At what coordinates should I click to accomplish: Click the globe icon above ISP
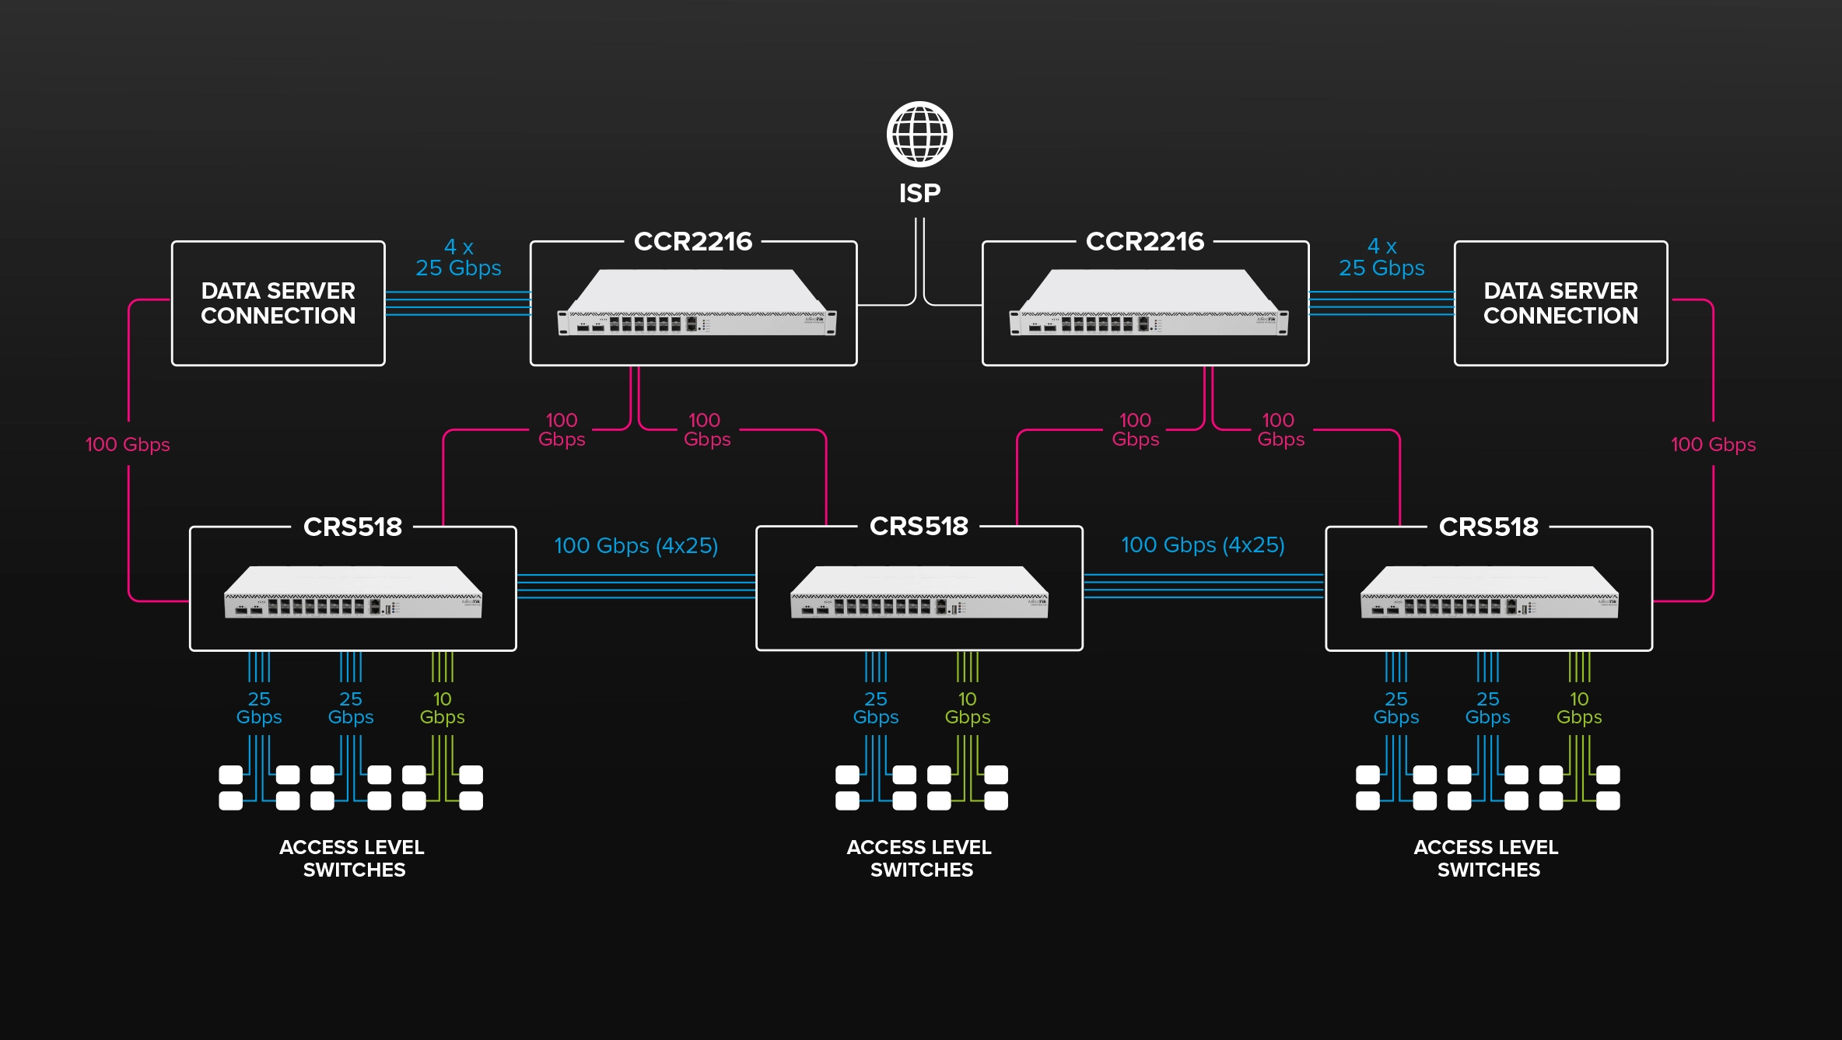tap(919, 135)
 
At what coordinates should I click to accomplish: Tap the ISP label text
tap(919, 193)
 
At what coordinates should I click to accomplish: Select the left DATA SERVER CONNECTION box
tap(278, 303)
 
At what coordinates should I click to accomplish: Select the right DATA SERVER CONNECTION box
tap(1560, 303)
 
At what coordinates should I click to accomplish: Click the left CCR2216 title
tap(693, 242)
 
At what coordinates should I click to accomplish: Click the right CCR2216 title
tap(1145, 242)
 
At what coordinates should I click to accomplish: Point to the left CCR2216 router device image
tap(697, 303)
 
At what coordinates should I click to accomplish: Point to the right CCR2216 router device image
tap(1148, 303)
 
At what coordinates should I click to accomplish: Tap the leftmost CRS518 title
tap(352, 527)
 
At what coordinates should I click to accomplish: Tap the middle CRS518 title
tap(919, 527)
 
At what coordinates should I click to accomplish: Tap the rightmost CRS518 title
tap(1488, 527)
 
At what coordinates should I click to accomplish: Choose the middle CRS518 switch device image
tap(919, 593)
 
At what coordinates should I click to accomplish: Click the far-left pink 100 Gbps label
tap(128, 445)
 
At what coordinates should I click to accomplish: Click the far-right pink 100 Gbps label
tap(1713, 445)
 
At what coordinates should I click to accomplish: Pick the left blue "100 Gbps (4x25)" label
tap(636, 546)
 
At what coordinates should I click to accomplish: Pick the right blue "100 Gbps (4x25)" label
tap(1203, 545)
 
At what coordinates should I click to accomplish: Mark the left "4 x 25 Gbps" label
tap(458, 258)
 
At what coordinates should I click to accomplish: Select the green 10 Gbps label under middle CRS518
tap(967, 708)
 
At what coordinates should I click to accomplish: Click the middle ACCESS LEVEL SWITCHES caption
tap(919, 859)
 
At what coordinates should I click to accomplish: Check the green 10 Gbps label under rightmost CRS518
tap(1578, 708)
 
